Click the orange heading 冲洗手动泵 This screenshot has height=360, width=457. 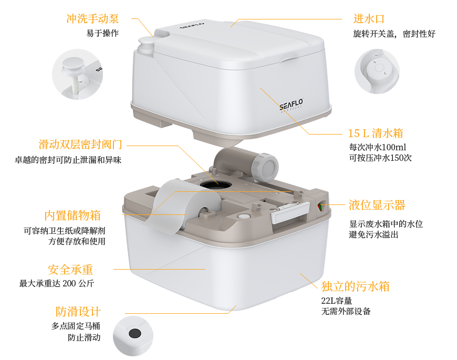click(92, 19)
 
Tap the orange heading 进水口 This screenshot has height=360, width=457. click(369, 19)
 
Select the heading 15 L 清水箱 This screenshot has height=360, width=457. click(376, 133)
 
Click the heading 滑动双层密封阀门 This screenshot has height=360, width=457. click(80, 145)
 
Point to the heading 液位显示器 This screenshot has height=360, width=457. click(377, 205)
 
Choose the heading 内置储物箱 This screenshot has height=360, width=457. click(72, 215)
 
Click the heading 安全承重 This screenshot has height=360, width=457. click(70, 270)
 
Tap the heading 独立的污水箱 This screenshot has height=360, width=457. click(355, 286)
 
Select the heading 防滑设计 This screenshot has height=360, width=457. click(78, 312)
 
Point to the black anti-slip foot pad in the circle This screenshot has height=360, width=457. click(135, 333)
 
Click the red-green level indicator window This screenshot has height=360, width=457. click(320, 207)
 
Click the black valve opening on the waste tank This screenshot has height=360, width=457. click(216, 184)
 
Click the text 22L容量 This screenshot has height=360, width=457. click(337, 301)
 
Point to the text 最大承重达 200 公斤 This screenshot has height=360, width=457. click(57, 283)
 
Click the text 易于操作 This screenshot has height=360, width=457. click(102, 33)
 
